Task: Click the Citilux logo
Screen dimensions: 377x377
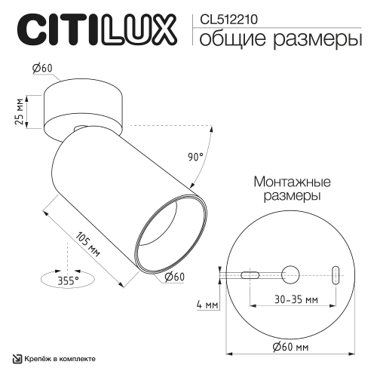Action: click(x=97, y=30)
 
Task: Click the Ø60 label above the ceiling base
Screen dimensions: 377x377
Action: click(x=42, y=69)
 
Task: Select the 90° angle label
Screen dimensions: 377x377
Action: click(x=195, y=158)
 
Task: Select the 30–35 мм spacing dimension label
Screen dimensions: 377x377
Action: click(x=295, y=299)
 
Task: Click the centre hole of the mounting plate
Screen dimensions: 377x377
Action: click(x=289, y=273)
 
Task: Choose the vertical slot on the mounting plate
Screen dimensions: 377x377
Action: click(x=336, y=273)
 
